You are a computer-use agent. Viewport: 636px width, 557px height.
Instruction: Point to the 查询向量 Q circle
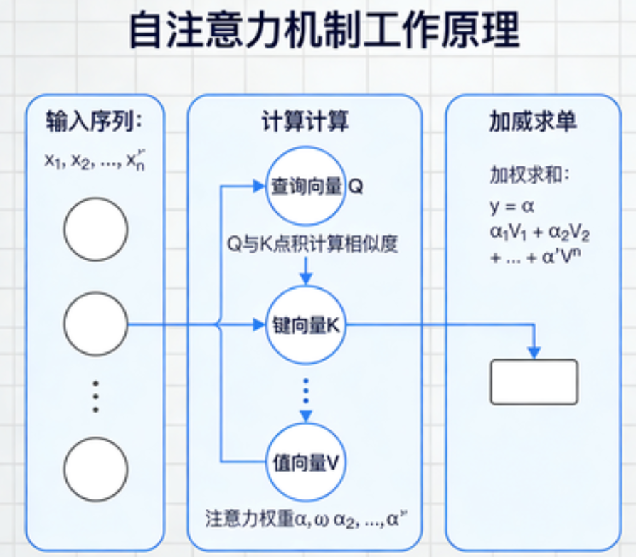point(304,187)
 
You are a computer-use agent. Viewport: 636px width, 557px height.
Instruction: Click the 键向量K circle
point(304,325)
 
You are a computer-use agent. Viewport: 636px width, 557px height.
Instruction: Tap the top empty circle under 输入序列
point(96,229)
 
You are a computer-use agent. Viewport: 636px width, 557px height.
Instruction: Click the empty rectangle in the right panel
point(534,382)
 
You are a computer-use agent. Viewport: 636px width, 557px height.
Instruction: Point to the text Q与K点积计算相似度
point(312,245)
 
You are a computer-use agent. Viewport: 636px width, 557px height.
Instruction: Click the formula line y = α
point(512,207)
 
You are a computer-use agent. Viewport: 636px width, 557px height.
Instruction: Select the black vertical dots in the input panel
point(96,396)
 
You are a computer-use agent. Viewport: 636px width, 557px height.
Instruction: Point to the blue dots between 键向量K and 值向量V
point(306,391)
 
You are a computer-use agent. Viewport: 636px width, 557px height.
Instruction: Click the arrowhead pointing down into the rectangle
point(534,353)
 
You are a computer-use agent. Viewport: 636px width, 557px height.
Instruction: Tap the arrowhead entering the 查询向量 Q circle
point(258,187)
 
